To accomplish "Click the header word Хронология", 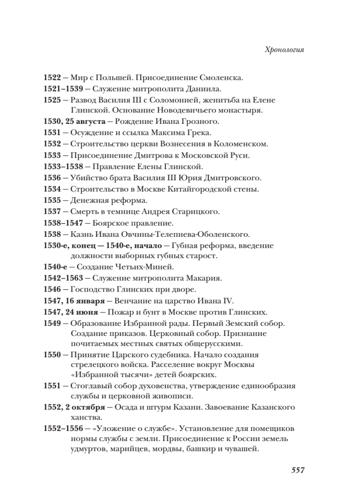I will [x=285, y=50].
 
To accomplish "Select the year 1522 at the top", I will [x=52, y=78].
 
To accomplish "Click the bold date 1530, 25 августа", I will [x=75, y=122].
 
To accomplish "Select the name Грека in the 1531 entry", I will [x=200, y=133].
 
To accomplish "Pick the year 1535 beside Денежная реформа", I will [x=52, y=200].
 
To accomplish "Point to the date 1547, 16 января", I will [x=72, y=300].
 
